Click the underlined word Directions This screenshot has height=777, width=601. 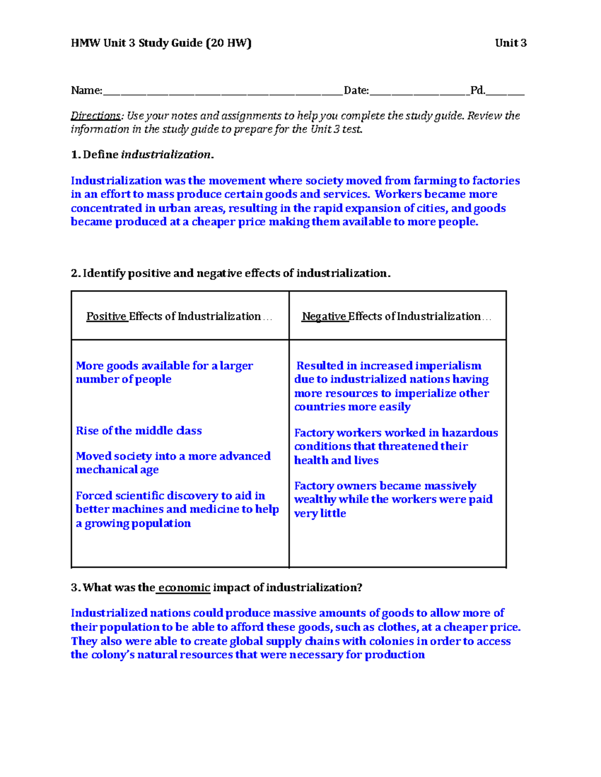(x=95, y=116)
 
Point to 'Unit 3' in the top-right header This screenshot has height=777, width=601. (x=510, y=43)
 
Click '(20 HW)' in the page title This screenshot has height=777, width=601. (x=228, y=43)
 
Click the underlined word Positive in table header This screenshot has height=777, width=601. (x=107, y=316)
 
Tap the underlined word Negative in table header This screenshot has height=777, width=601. (x=324, y=316)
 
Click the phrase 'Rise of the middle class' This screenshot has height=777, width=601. (x=139, y=431)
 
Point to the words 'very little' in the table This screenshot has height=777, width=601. (x=320, y=513)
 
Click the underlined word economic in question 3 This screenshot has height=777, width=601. (x=184, y=588)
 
